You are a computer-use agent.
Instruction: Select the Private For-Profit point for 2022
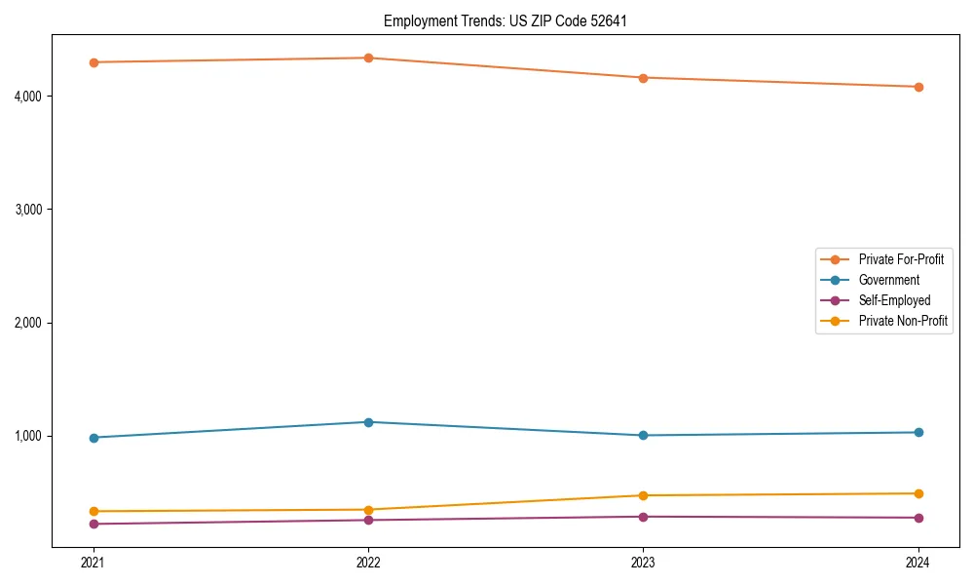tap(368, 58)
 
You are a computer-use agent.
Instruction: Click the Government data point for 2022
tap(368, 422)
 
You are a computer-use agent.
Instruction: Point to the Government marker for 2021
tap(94, 438)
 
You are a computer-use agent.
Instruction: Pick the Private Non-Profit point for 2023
tap(643, 495)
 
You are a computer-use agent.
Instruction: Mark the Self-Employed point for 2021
tap(94, 524)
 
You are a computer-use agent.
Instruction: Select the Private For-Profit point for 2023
tap(643, 78)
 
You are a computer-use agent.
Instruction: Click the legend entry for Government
tap(888, 280)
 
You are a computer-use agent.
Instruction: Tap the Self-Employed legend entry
tap(894, 300)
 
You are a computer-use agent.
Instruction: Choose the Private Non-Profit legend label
tap(903, 321)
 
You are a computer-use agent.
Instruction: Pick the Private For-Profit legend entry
tap(901, 259)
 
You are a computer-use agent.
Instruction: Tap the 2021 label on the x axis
tap(94, 562)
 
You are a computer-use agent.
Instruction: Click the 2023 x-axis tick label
tap(643, 562)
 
